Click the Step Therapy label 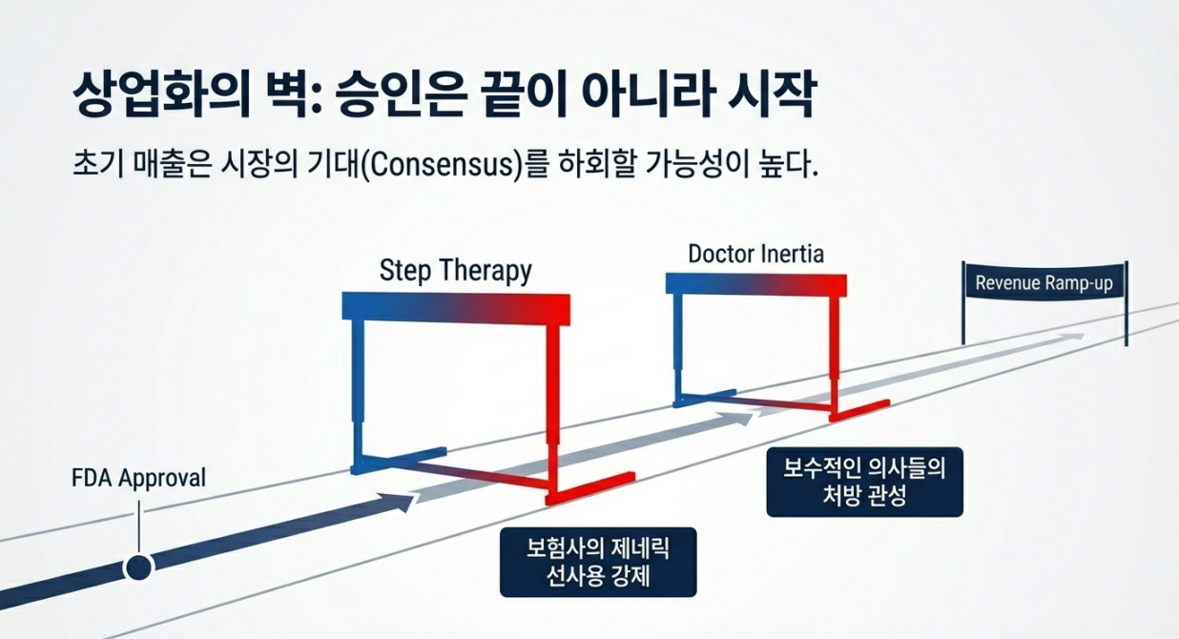[x=455, y=270]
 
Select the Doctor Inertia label [x=755, y=255]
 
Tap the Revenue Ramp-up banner [x=1044, y=283]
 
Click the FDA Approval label [x=138, y=477]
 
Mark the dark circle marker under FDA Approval [x=139, y=568]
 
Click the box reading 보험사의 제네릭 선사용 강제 [x=598, y=562]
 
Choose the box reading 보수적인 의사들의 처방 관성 [x=864, y=482]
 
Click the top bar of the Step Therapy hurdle [x=456, y=305]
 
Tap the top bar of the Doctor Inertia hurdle [x=755, y=284]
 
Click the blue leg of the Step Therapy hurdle [x=359, y=391]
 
